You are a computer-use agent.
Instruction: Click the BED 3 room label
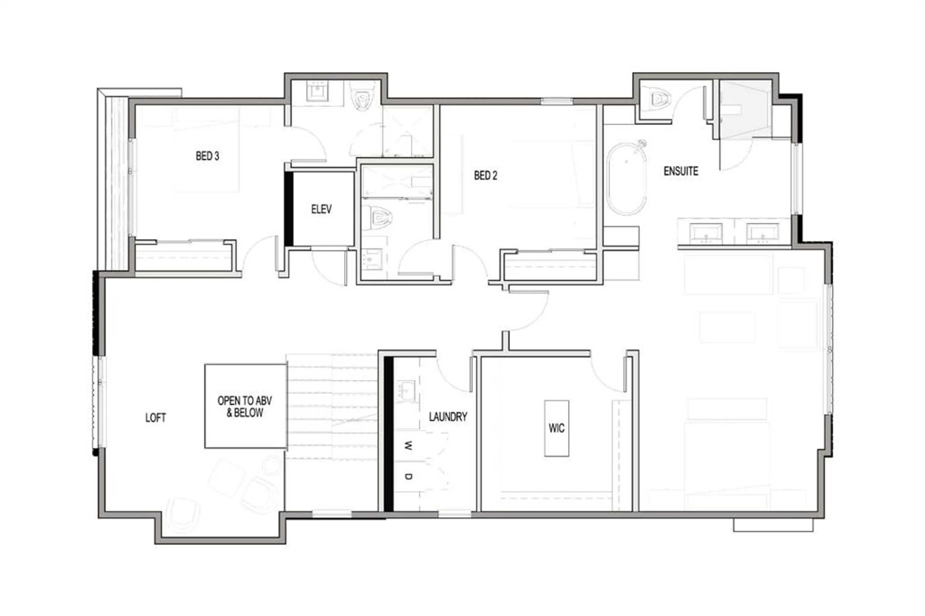coord(207,156)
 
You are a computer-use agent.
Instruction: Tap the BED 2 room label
coord(485,176)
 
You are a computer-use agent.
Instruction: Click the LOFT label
coord(156,418)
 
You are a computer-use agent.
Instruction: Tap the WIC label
coord(556,428)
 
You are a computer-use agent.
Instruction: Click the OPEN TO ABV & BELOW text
coord(244,406)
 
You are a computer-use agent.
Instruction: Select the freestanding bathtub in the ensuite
coord(626,178)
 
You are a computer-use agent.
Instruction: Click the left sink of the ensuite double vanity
coord(706,233)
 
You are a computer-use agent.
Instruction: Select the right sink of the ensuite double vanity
coord(762,233)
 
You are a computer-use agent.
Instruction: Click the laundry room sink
coord(405,391)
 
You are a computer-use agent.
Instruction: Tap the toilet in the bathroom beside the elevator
coord(378,218)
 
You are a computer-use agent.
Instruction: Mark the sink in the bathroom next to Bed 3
coord(317,92)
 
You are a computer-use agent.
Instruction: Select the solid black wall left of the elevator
coord(289,209)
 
